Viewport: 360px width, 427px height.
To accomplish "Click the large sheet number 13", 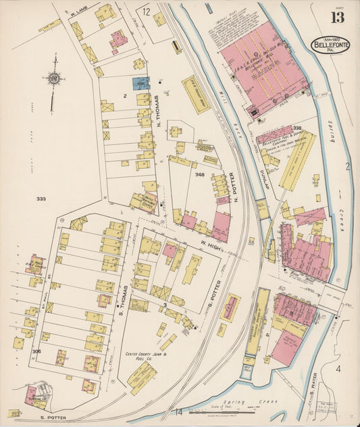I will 337,16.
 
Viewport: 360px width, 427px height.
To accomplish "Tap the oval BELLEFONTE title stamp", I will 330,45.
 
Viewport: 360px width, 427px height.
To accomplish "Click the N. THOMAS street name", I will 159,112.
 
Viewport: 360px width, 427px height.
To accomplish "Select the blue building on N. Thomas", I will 140,84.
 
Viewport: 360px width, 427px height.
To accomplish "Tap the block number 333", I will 41,199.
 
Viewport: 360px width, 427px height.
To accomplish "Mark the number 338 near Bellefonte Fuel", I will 297,128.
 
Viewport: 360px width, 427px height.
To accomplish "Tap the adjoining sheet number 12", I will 146,11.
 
